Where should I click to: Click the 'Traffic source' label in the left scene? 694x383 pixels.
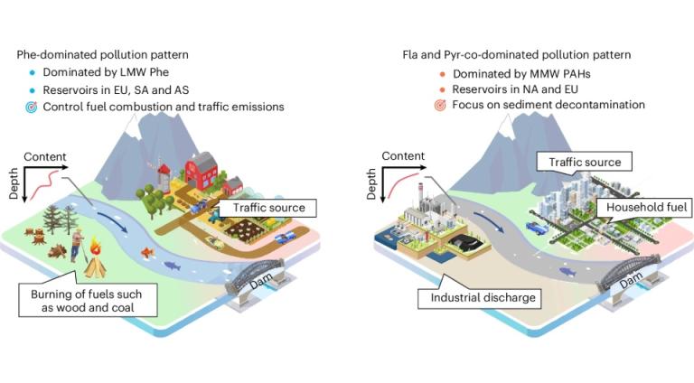pyautogui.click(x=268, y=208)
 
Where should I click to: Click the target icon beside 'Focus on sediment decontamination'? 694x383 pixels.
pyautogui.click(x=440, y=105)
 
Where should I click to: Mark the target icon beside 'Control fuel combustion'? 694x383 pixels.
pyautogui.click(x=33, y=107)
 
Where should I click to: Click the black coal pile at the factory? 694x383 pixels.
pyautogui.click(x=454, y=241)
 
